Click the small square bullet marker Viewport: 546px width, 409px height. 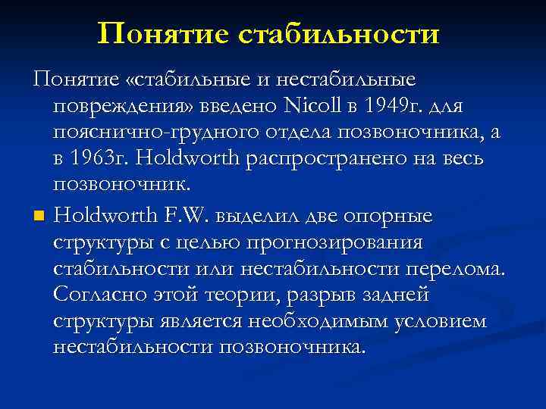(x=38, y=217)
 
